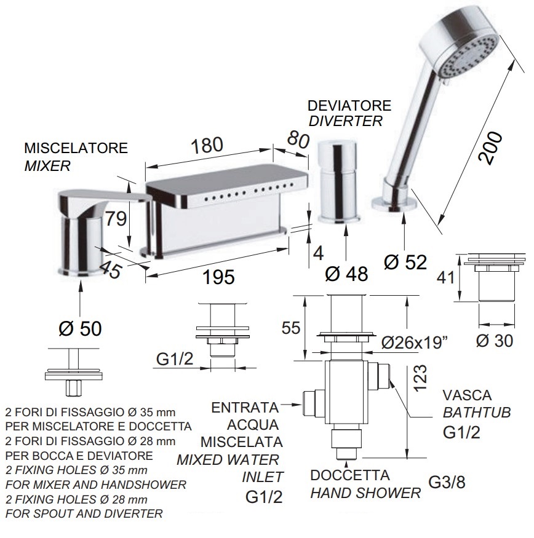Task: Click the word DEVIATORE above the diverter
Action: click(x=349, y=106)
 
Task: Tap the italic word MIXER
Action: click(x=47, y=166)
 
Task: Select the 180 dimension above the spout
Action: click(x=207, y=145)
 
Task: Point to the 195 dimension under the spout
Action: click(x=219, y=277)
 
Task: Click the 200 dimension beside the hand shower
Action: click(x=491, y=148)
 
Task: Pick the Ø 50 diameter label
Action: click(x=81, y=328)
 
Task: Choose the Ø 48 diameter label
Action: click(x=346, y=274)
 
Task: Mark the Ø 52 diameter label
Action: click(x=405, y=263)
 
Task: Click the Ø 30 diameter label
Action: click(x=495, y=341)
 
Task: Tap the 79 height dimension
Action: click(x=116, y=218)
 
